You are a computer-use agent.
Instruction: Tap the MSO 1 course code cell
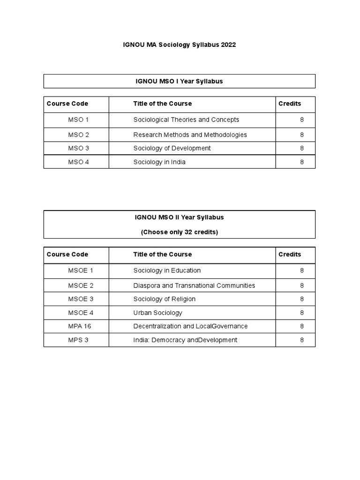(x=78, y=120)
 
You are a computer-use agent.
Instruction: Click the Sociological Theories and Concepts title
(x=186, y=120)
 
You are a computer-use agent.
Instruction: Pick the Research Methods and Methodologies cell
(x=190, y=135)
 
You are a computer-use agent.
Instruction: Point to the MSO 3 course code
(x=78, y=148)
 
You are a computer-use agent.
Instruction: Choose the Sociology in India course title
(x=159, y=162)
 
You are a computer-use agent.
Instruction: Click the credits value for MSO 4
(x=302, y=162)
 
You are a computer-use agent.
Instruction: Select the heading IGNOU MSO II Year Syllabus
(x=179, y=217)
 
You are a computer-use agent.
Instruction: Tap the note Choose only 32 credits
(x=179, y=232)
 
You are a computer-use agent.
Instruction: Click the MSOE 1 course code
(x=81, y=270)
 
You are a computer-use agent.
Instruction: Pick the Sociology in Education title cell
(x=167, y=270)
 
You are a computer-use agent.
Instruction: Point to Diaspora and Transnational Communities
(x=194, y=285)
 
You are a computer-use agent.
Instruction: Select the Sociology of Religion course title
(x=164, y=299)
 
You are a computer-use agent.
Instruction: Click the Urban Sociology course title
(x=157, y=313)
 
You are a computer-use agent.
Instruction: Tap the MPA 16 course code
(x=79, y=326)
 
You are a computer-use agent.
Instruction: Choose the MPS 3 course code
(x=78, y=340)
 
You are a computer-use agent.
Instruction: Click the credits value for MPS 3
(x=302, y=340)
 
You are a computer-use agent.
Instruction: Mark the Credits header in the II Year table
(x=290, y=254)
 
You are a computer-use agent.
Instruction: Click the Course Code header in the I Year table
(x=67, y=104)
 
